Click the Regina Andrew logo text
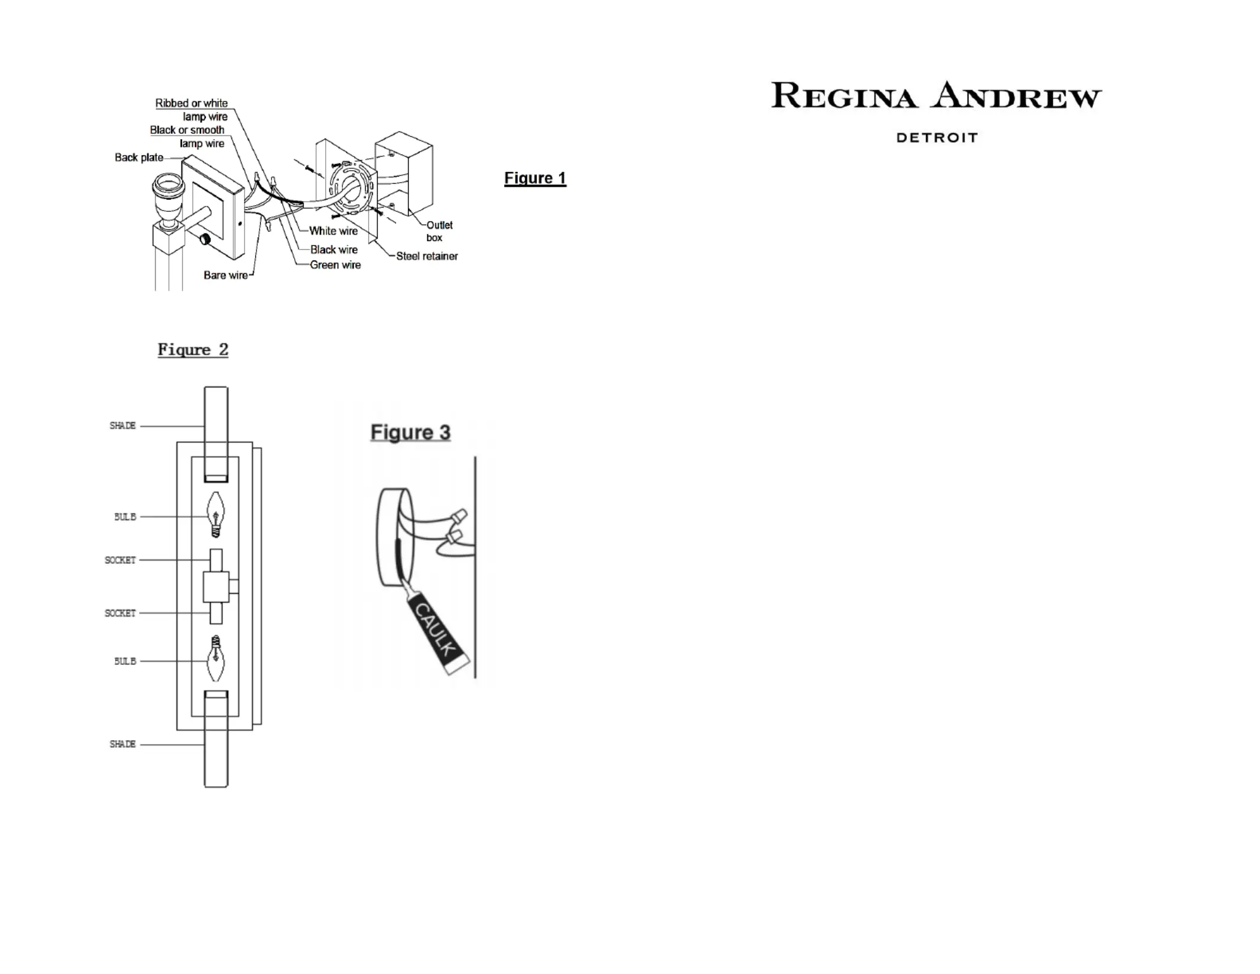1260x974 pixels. [937, 95]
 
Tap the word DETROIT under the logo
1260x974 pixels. [937, 138]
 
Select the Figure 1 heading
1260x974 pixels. [535, 178]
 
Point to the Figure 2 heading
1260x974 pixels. [193, 350]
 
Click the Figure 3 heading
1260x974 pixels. [410, 432]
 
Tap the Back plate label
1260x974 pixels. [139, 158]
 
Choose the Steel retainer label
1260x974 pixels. [427, 256]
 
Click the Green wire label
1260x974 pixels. [335, 265]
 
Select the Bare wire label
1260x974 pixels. [226, 275]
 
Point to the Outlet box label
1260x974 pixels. [439, 231]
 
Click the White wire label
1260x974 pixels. [333, 231]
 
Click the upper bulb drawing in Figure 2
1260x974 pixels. [215, 514]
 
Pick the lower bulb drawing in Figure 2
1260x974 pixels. [215, 658]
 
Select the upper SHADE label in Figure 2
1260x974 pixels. [122, 426]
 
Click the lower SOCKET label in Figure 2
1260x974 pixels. [120, 613]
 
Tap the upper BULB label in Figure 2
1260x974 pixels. [125, 517]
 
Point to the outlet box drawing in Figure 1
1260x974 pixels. [404, 173]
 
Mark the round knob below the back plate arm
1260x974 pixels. [205, 239]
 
